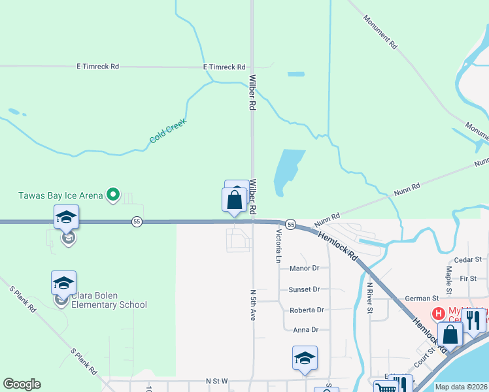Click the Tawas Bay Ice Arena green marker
click(113, 193)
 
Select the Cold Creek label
click(168, 131)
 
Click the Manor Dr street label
click(304, 269)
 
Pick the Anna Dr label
click(305, 330)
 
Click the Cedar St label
click(467, 259)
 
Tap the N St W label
click(216, 380)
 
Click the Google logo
click(22, 384)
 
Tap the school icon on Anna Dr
click(305, 358)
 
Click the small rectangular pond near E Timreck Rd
click(296, 74)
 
